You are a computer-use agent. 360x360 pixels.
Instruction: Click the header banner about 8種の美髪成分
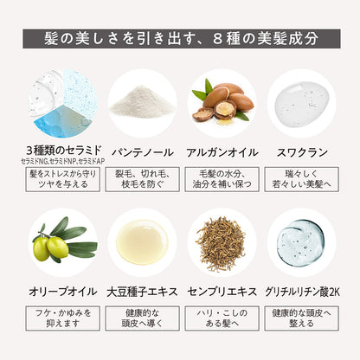(x=180, y=39)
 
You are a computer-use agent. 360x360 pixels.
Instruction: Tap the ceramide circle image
(x=61, y=103)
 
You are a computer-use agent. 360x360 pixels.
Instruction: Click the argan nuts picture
(x=222, y=103)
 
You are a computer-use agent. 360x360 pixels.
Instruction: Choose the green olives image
(x=61, y=241)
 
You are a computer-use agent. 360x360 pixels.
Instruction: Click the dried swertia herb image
(x=222, y=241)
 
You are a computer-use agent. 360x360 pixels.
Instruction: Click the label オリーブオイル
(x=61, y=289)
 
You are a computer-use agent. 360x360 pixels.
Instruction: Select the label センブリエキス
(x=222, y=289)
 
